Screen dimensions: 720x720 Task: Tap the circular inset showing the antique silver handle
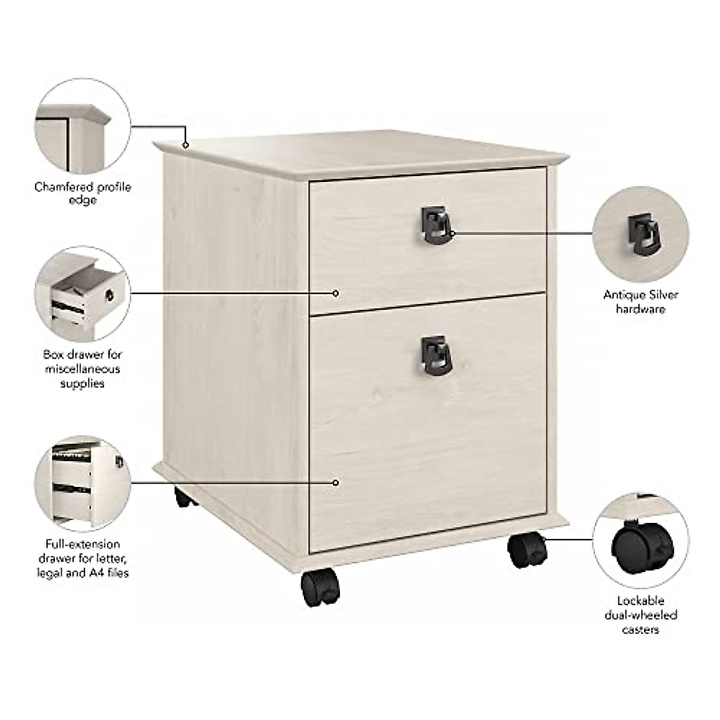point(640,232)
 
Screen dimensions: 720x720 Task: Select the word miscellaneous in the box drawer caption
point(83,369)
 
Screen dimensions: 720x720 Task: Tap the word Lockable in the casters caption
point(640,601)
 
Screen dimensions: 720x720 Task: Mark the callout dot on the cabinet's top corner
point(186,145)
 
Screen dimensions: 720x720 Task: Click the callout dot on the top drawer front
point(336,293)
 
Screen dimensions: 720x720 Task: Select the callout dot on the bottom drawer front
point(336,482)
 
